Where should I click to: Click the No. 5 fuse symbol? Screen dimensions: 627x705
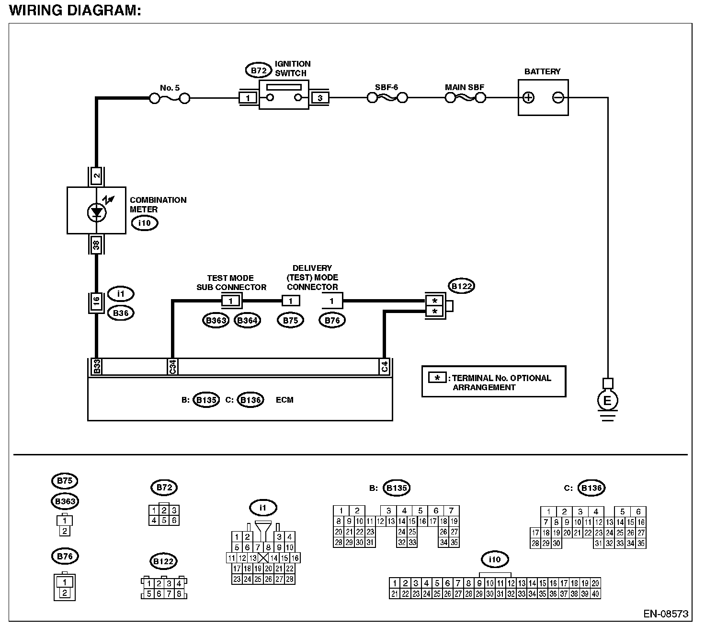170,99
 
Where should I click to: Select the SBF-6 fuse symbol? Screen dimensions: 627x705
387,98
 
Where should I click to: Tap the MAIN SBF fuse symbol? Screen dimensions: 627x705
465,98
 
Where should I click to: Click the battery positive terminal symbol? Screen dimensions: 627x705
528,98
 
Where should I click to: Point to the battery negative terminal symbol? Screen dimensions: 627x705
558,98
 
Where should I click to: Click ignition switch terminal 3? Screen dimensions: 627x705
319,98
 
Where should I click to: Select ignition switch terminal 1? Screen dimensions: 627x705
248,98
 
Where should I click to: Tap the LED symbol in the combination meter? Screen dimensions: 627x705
96,212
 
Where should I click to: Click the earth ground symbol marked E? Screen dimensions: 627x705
607,401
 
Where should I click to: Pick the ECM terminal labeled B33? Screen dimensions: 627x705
96,367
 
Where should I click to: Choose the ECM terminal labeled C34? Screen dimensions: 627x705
172,367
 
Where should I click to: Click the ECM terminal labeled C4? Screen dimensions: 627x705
385,367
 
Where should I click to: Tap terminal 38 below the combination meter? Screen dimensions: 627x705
96,245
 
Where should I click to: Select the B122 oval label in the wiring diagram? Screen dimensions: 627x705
463,287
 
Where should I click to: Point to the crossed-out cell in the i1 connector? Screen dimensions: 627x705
263,557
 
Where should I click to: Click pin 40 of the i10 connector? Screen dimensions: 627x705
595,594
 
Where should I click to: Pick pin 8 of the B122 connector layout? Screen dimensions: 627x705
179,594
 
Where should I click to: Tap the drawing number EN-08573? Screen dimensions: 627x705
666,614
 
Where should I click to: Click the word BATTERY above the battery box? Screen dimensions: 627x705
542,72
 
